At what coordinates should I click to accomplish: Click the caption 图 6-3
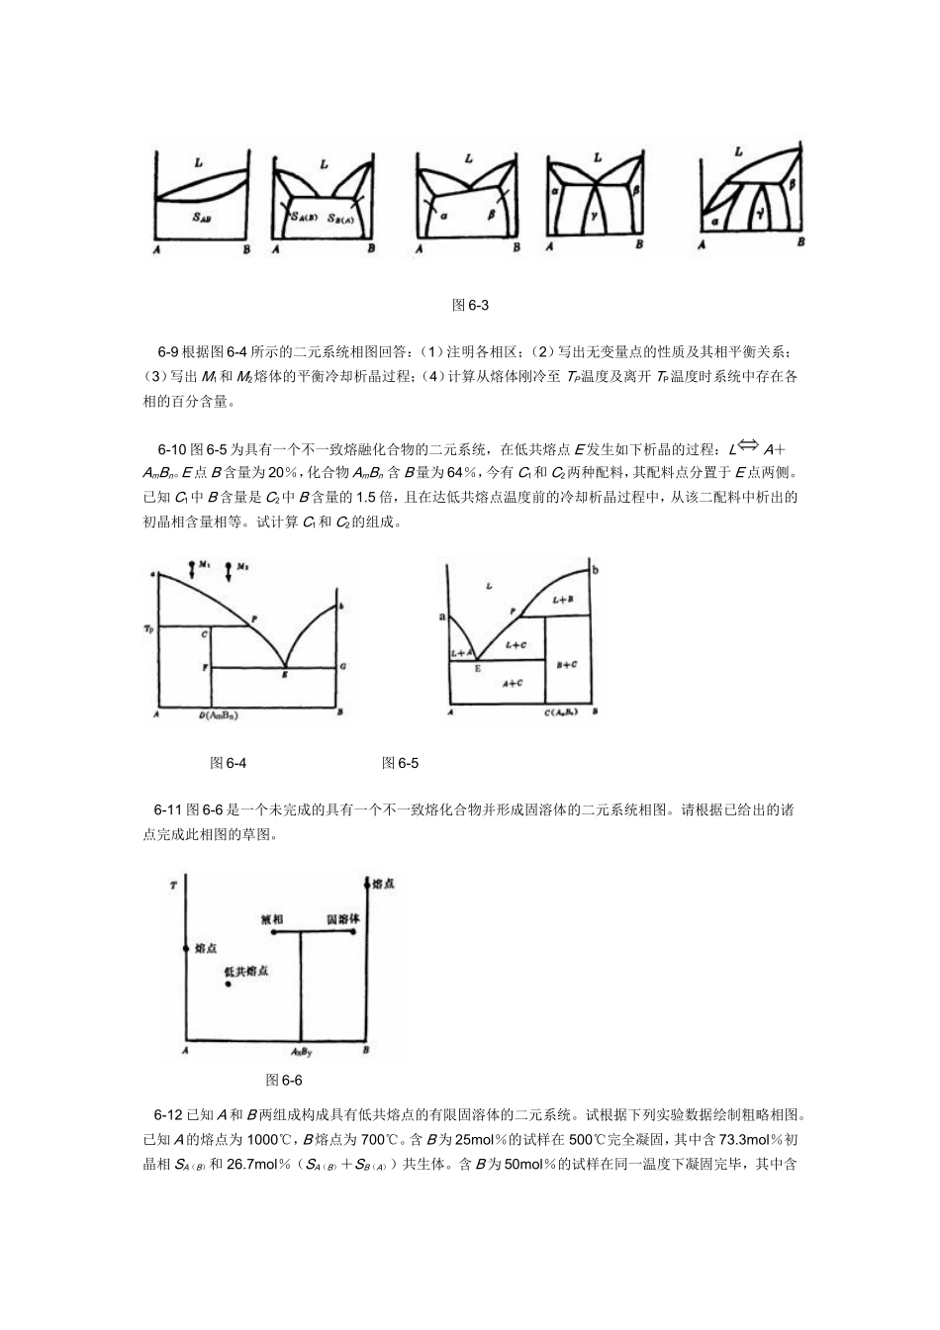(470, 306)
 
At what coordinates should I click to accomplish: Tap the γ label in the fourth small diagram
(596, 213)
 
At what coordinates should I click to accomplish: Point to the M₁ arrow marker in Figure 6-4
(193, 569)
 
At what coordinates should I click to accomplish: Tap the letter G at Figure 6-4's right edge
(341, 668)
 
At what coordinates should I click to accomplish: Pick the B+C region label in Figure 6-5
(567, 665)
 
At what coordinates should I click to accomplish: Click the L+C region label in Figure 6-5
(516, 644)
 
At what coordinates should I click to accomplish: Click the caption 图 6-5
(401, 762)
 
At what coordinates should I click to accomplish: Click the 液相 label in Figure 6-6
(273, 918)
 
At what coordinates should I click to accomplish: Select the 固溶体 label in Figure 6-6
(343, 918)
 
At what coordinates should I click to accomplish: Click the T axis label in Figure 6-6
(173, 885)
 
